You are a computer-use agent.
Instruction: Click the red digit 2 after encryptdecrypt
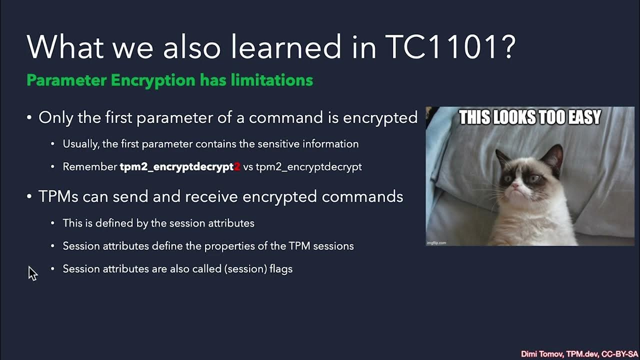[x=237, y=167]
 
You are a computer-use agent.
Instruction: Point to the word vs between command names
[x=248, y=167]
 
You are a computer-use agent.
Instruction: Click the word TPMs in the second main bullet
[x=58, y=196]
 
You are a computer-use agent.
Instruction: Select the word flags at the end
[x=281, y=269]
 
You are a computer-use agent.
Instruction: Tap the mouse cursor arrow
[x=32, y=273]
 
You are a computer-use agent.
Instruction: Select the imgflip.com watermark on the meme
[x=436, y=243]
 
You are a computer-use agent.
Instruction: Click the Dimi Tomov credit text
[x=542, y=354]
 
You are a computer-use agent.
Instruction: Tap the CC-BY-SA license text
[x=620, y=354]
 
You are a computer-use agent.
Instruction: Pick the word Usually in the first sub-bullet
[x=80, y=144]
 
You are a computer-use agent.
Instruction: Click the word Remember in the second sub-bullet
[x=90, y=167]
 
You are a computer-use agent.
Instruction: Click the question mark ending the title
[x=507, y=47]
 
